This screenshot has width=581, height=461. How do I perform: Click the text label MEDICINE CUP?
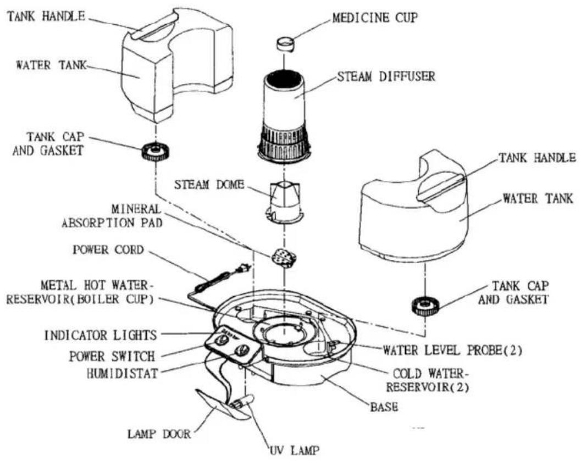375,18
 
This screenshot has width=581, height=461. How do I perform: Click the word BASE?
384,408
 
